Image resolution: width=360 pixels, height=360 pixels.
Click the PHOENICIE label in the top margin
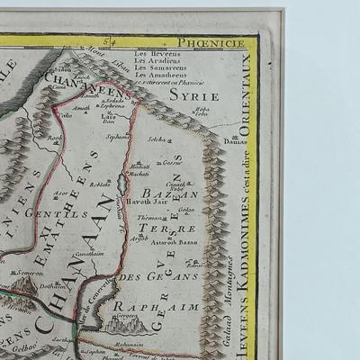tap(220, 40)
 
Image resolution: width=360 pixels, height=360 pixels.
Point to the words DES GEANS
tap(145, 276)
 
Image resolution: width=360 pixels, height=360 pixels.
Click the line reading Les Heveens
tap(151, 54)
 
